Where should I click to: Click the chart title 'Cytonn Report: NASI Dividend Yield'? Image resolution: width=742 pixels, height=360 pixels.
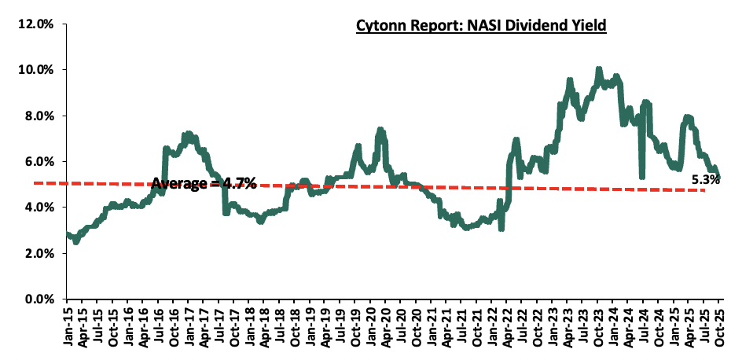pyautogui.click(x=481, y=26)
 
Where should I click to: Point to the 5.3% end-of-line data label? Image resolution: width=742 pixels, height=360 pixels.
pyautogui.click(x=705, y=180)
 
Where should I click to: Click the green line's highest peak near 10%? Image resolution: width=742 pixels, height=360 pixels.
pyautogui.click(x=599, y=69)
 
